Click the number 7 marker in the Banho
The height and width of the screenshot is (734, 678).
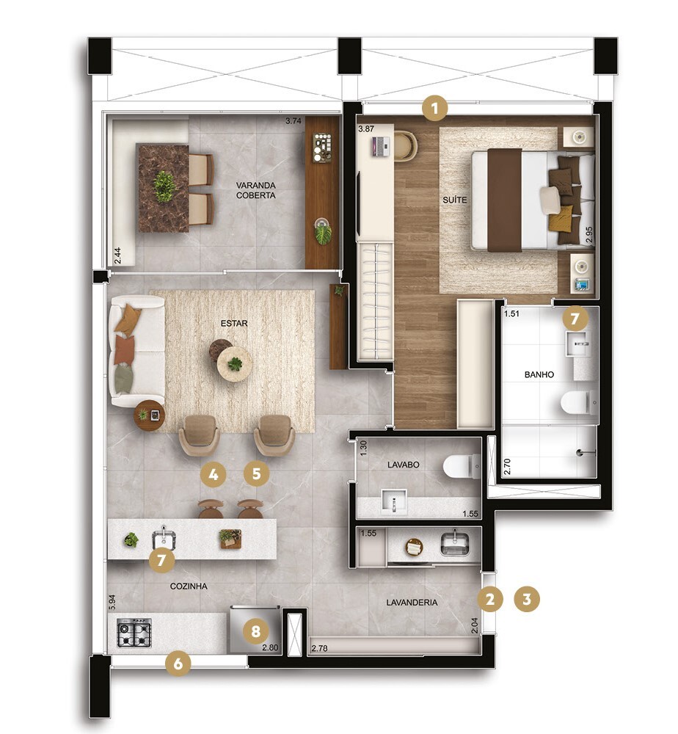pos(575,319)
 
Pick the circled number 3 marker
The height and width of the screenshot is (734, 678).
pos(526,599)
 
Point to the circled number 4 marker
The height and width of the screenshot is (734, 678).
pos(213,474)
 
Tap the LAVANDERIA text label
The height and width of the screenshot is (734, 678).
pos(412,602)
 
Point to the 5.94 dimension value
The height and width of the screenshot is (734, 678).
pos(112,603)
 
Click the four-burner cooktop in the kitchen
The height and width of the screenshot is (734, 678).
pos(135,633)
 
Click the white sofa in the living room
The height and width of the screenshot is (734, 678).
pos(136,351)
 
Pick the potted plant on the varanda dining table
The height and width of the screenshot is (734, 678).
pos(165,186)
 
